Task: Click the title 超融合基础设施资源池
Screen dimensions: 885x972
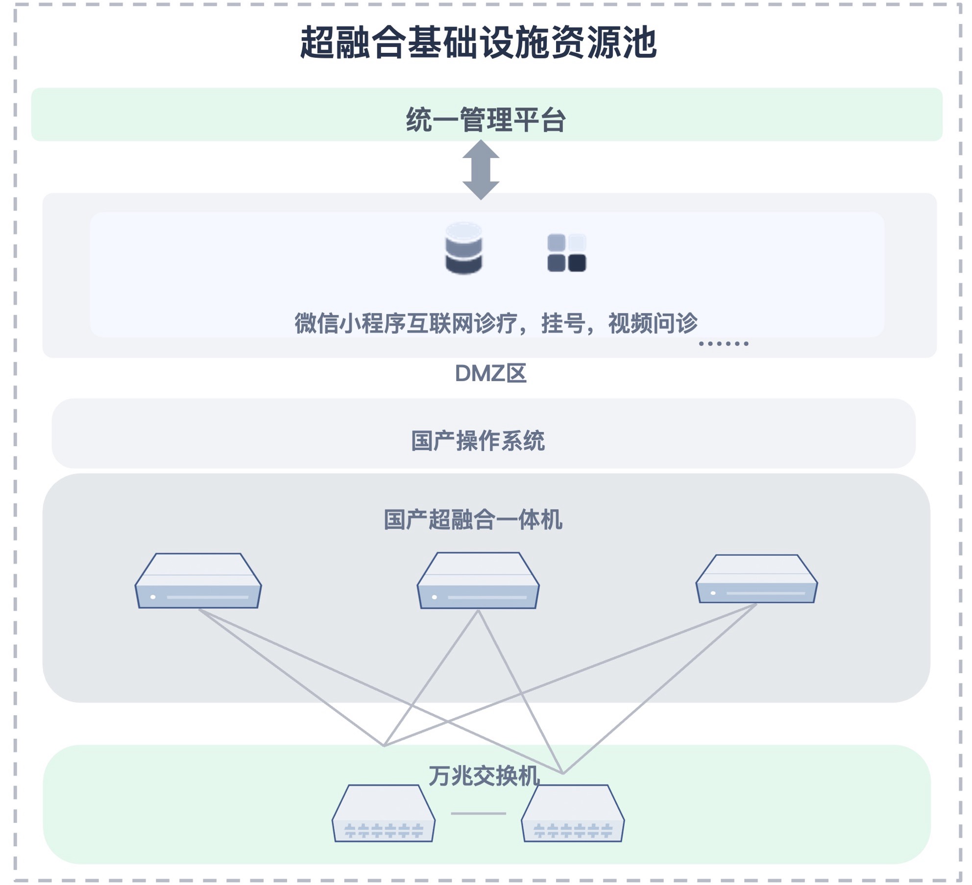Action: [478, 43]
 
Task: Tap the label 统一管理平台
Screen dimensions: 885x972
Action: [486, 120]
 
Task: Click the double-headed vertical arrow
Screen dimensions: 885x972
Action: [481, 170]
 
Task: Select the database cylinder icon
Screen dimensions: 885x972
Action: [463, 248]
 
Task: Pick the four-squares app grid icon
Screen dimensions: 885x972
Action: [566, 253]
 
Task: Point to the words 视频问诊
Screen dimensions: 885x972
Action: [653, 324]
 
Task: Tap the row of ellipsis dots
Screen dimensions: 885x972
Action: [723, 343]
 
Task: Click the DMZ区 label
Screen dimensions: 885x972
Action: [490, 374]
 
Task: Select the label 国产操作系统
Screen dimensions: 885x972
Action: [478, 441]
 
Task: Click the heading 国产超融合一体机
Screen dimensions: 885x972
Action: [473, 520]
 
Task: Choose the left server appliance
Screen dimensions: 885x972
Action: [198, 581]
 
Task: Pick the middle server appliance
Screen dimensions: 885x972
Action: [478, 581]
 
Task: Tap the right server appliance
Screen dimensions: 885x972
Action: [756, 579]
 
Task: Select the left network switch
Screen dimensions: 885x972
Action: [383, 814]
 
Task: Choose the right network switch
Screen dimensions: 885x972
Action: [572, 814]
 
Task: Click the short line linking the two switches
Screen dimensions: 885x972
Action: [478, 813]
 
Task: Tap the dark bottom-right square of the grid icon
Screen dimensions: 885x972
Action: [577, 263]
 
